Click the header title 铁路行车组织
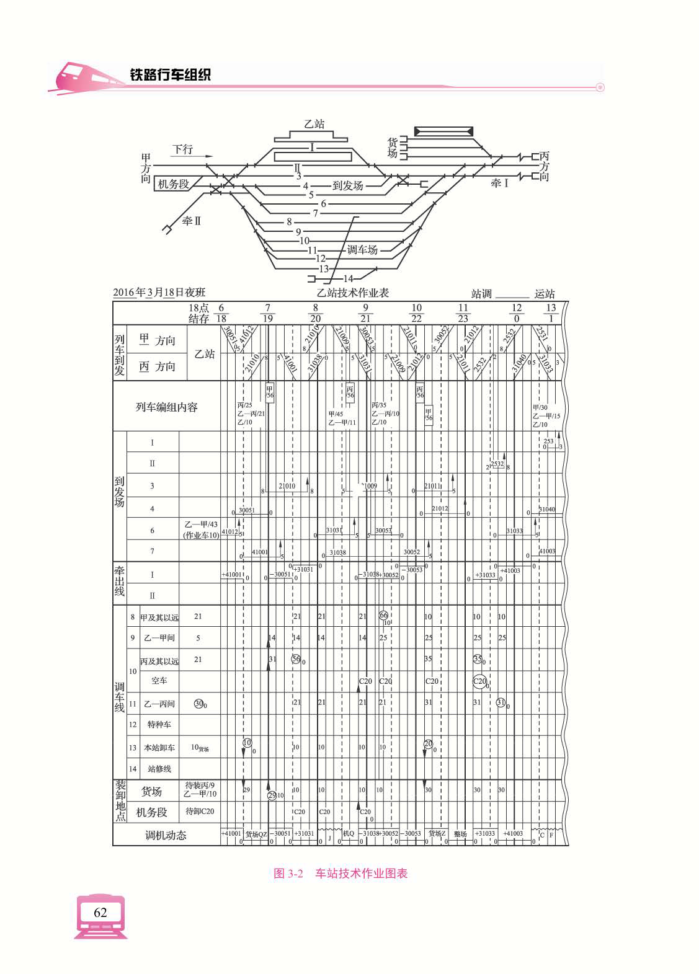coord(170,75)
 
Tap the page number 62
coord(100,912)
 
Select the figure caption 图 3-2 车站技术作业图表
coord(341,874)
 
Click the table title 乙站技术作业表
coord(353,293)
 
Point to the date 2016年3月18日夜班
coord(159,293)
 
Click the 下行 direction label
coord(182,149)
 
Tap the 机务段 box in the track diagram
coord(173,184)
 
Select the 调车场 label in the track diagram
coord(362,250)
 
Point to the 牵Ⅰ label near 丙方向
coord(499,183)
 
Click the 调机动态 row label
coord(166,835)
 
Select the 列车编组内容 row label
coord(166,407)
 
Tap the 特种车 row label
coord(159,725)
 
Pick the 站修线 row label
coord(159,769)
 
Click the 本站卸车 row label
coord(159,748)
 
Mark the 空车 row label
coord(159,681)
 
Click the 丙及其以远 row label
coord(159,660)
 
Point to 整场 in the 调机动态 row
coord(460,835)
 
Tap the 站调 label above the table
coord(481,294)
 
